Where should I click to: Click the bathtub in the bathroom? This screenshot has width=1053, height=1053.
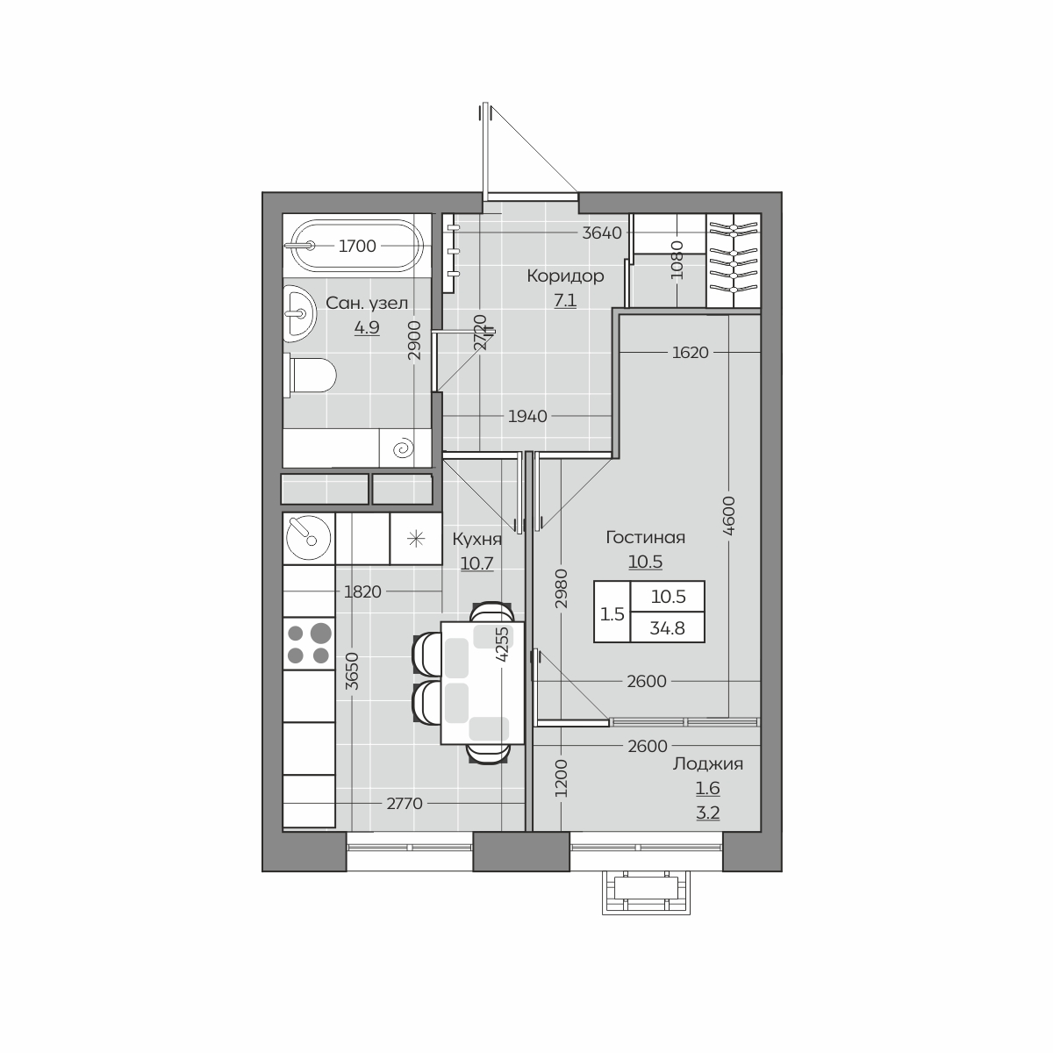point(357,246)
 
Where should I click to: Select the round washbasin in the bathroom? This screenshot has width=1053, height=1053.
point(299,313)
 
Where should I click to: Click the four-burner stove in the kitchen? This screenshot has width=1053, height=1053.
point(309,643)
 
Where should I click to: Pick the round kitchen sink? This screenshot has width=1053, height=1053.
point(309,538)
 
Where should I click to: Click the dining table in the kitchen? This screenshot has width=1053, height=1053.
point(483,682)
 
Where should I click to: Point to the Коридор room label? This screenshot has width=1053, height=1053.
point(566,276)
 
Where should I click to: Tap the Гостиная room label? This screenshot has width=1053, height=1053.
point(645,537)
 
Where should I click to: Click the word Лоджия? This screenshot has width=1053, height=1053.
point(707,764)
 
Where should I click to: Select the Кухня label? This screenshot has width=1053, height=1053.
point(477,540)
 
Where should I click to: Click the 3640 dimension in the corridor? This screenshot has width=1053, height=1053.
point(602,233)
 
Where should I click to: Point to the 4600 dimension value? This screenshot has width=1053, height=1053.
point(729,515)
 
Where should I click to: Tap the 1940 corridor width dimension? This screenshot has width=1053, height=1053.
point(527,417)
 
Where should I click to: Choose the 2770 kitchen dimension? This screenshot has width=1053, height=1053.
point(405,803)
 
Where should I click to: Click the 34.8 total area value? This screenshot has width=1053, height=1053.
point(667,628)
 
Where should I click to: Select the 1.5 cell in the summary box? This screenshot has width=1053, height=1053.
point(612,614)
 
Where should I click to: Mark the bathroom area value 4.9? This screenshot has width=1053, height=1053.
point(367,327)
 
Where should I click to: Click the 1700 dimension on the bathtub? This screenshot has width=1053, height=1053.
point(357,247)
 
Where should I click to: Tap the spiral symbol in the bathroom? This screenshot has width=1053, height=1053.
point(404,449)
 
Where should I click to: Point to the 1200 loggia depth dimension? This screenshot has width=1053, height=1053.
point(562,777)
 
